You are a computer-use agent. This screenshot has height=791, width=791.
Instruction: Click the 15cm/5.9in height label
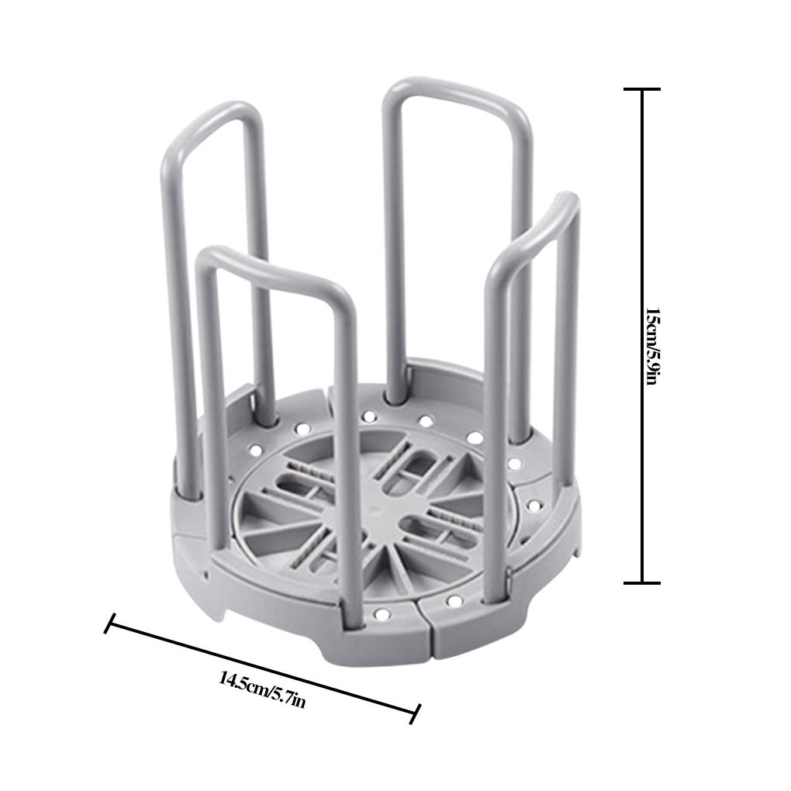(x=653, y=347)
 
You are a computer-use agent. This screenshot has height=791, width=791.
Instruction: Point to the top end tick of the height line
(x=641, y=90)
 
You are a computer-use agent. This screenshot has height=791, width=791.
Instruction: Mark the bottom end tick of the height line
(x=641, y=582)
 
